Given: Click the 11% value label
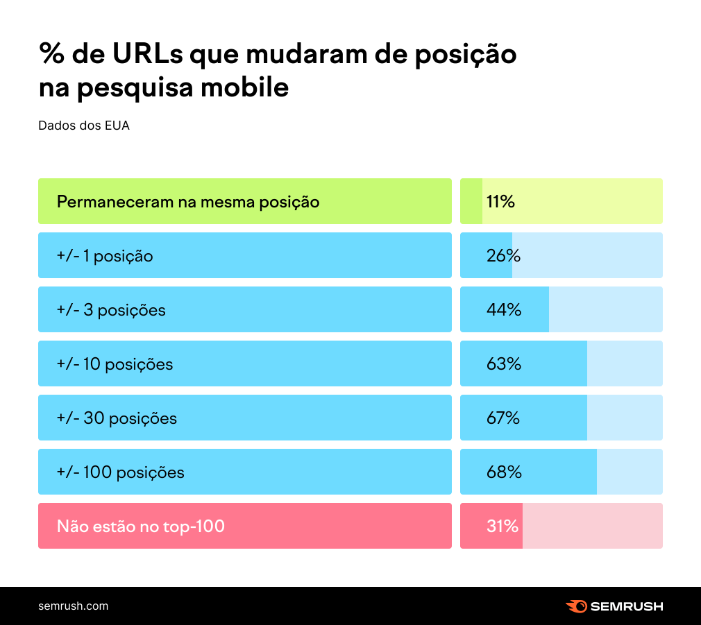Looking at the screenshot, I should pyautogui.click(x=500, y=202).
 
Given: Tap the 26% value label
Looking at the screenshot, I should pyautogui.click(x=503, y=256).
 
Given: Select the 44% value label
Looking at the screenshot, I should pyautogui.click(x=503, y=310).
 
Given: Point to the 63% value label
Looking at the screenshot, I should pyautogui.click(x=503, y=364).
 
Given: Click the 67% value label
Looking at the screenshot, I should pyautogui.click(x=503, y=418).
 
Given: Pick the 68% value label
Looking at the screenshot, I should pyautogui.click(x=503, y=472).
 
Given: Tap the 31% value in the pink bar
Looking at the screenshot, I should pyautogui.click(x=502, y=526).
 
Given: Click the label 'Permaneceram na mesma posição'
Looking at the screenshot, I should pyautogui.click(x=187, y=202).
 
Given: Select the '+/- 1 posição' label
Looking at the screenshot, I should pyautogui.click(x=105, y=256).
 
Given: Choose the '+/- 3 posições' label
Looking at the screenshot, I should pyautogui.click(x=111, y=310).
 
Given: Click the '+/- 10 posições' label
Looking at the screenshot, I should pyautogui.click(x=115, y=364).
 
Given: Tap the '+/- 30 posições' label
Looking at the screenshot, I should pyautogui.click(x=117, y=418).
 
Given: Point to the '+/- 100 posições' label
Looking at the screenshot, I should pyautogui.click(x=120, y=472).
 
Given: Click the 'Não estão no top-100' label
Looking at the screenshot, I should pyautogui.click(x=141, y=526).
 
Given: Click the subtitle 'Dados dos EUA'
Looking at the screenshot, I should pyautogui.click(x=84, y=126).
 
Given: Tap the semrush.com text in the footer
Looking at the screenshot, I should pyautogui.click(x=73, y=606).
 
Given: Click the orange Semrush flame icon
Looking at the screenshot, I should pyautogui.click(x=576, y=606).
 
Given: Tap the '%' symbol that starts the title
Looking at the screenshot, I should pyautogui.click(x=51, y=55).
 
